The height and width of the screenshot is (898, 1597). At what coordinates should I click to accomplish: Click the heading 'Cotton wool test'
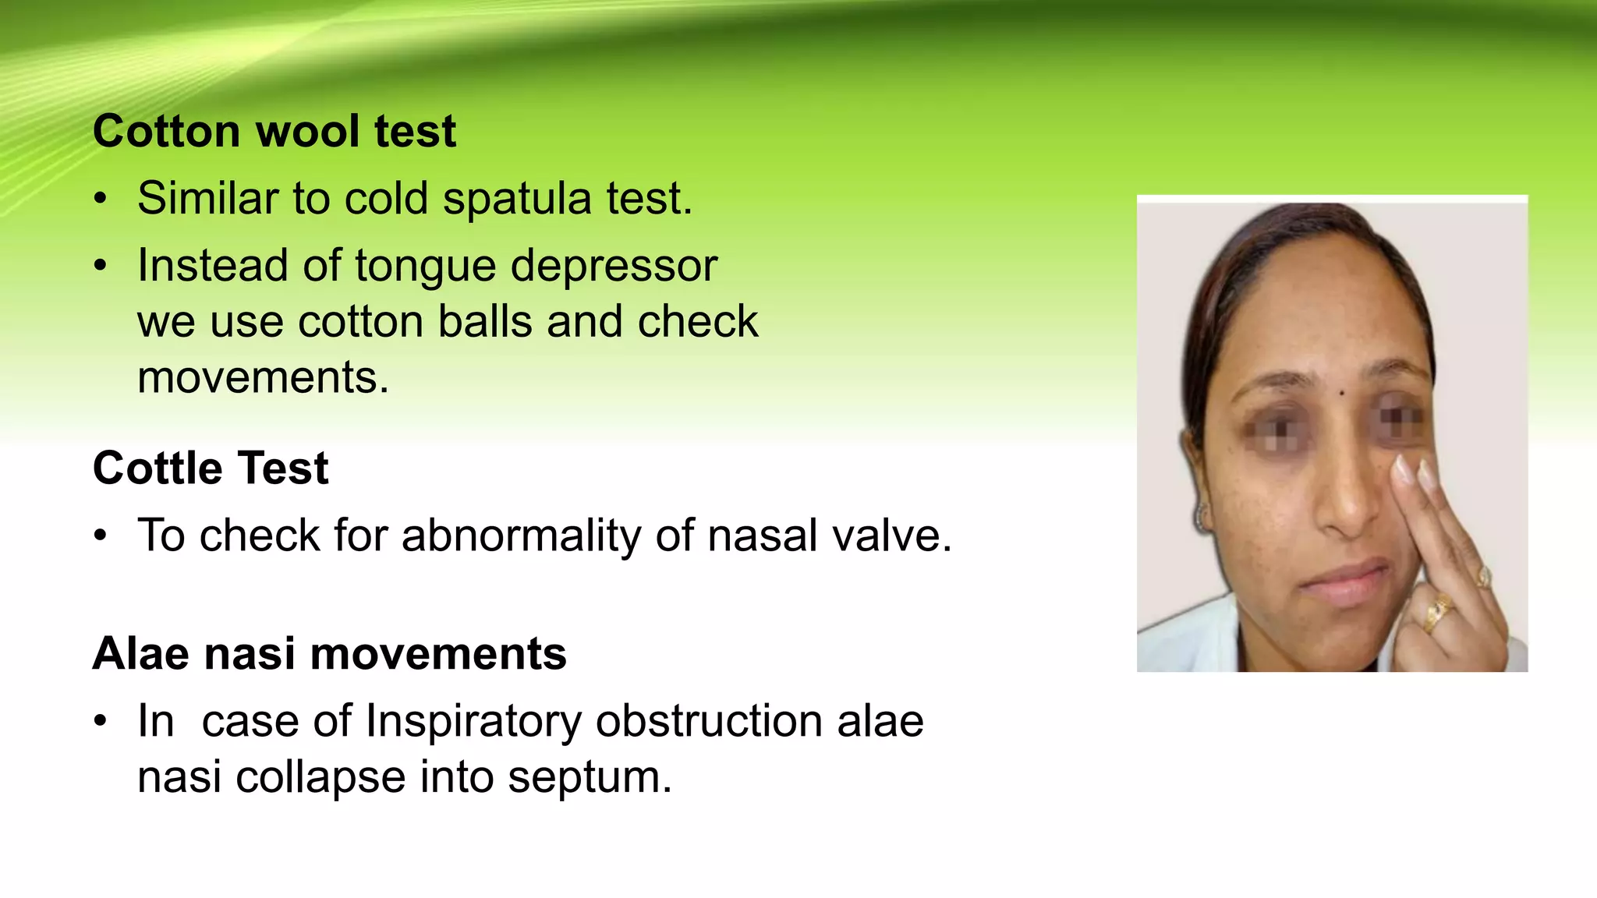[274, 131]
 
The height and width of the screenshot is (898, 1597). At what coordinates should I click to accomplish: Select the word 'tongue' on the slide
[425, 266]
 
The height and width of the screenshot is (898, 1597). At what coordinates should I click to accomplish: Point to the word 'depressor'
[614, 266]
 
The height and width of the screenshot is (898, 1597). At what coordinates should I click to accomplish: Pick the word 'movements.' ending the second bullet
[263, 377]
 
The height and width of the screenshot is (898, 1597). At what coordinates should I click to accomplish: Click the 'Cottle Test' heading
[211, 468]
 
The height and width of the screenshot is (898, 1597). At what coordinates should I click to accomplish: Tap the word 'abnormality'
[522, 536]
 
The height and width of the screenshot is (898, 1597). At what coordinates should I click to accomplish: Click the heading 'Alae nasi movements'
[329, 653]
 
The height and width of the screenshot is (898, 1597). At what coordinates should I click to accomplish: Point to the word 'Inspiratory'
[473, 721]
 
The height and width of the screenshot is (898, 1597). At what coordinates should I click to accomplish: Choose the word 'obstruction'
[709, 721]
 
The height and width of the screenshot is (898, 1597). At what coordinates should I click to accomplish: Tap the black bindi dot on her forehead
[1341, 393]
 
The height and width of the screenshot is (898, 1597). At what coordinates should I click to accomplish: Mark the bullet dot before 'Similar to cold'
[100, 199]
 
